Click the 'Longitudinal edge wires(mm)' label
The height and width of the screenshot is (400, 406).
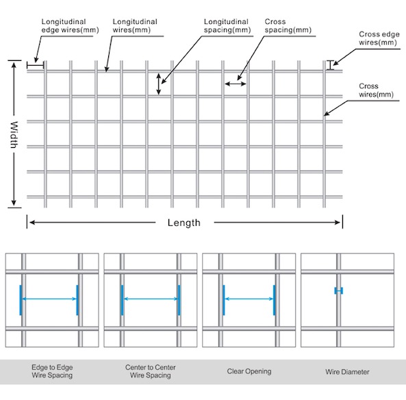click(70, 25)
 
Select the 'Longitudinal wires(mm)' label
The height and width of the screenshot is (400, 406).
click(135, 25)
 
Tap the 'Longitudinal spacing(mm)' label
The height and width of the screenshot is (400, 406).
click(227, 25)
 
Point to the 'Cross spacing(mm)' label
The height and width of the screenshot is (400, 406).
click(288, 25)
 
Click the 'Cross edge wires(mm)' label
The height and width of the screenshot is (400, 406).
click(379, 38)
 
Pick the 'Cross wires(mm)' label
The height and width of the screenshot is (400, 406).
click(376, 90)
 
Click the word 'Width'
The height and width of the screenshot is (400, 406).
click(14, 135)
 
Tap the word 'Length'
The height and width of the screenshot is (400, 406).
click(184, 223)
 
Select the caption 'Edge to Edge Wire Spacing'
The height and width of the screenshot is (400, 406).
click(52, 371)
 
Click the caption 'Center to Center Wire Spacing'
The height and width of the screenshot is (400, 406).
click(151, 371)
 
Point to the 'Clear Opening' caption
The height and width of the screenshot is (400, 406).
click(249, 371)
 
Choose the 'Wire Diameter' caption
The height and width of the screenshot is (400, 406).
click(347, 372)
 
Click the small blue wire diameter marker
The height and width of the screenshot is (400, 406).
click(339, 290)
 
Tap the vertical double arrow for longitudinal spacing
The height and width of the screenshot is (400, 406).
click(159, 84)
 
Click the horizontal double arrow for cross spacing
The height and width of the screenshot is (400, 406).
click(236, 84)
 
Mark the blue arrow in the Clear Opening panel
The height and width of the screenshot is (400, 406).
click(249, 299)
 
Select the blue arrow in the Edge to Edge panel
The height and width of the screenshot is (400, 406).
click(49, 299)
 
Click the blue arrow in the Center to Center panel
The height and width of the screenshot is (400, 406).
click(151, 299)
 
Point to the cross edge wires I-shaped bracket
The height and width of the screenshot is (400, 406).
click(330, 65)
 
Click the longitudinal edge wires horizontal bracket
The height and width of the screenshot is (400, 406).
click(36, 65)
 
